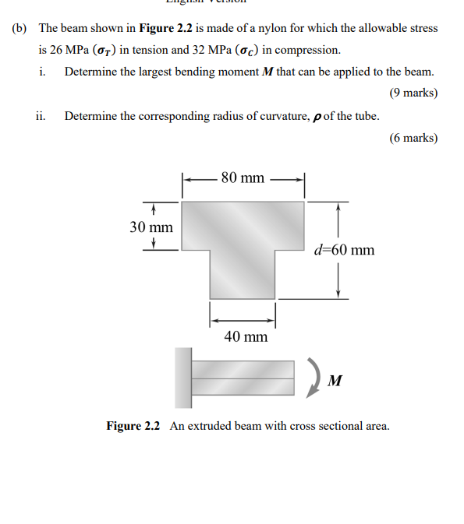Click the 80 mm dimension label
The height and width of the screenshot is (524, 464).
click(x=243, y=178)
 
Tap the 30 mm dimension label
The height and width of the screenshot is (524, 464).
click(x=151, y=227)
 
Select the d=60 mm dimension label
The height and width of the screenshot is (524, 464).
click(x=343, y=250)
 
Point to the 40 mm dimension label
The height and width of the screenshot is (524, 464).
click(x=246, y=336)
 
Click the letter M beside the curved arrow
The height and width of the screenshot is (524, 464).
click(x=335, y=381)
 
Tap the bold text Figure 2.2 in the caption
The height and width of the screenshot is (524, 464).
click(x=133, y=426)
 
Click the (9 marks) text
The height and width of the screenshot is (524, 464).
click(x=413, y=93)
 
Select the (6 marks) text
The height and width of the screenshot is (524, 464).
click(x=413, y=138)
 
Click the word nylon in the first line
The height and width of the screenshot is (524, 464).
click(x=259, y=28)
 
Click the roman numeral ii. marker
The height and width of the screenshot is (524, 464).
click(x=41, y=116)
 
